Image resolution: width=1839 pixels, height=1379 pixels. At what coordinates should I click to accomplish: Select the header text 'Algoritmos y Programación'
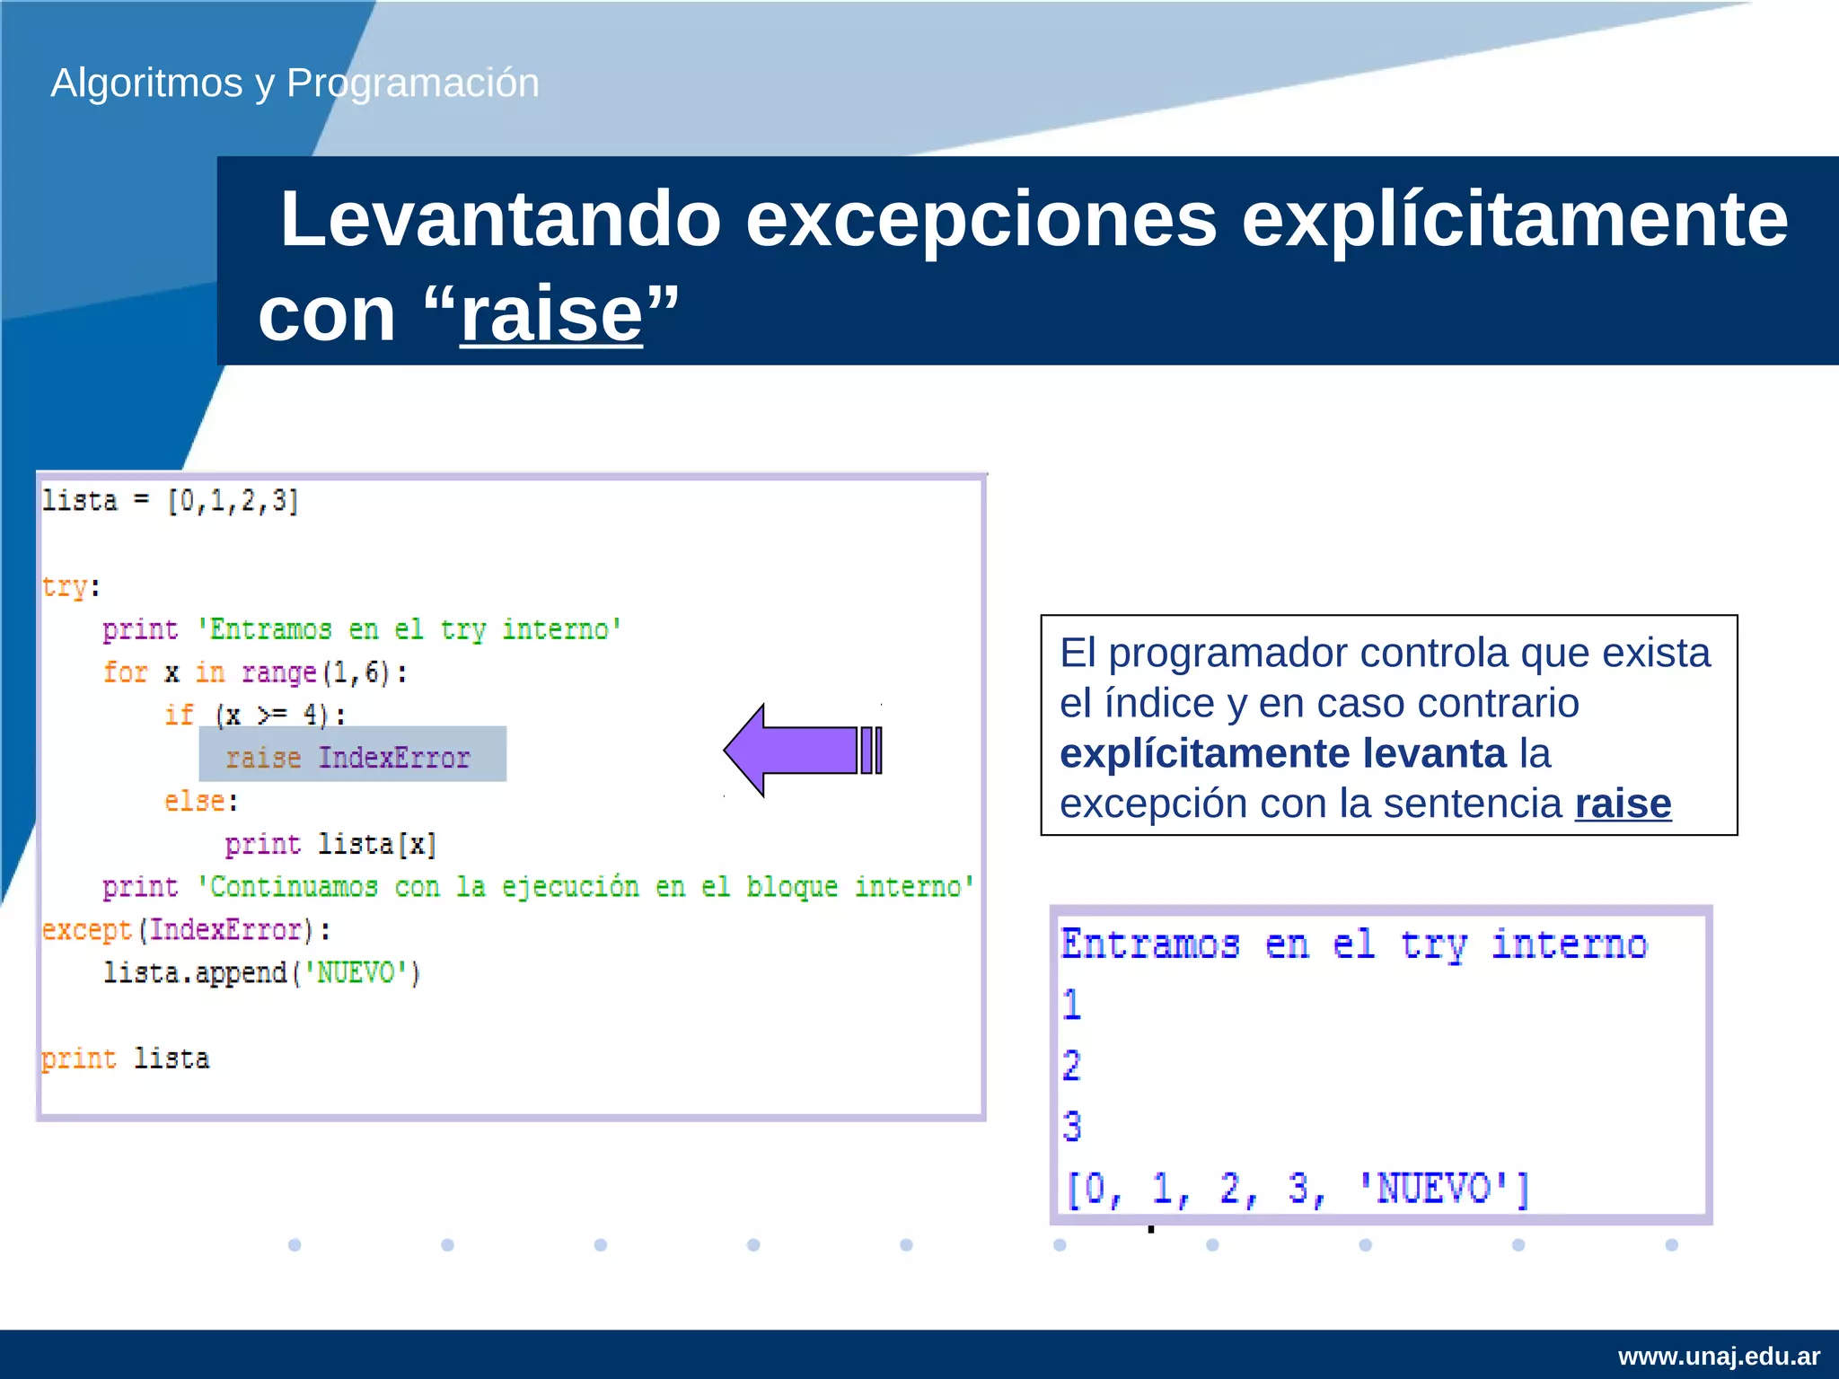point(295,83)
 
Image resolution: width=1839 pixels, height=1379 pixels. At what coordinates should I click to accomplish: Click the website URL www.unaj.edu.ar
point(1719,1356)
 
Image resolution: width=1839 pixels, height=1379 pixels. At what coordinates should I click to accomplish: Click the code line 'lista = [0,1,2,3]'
point(171,501)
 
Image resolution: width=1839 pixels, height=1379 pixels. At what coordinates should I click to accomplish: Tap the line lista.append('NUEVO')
point(261,973)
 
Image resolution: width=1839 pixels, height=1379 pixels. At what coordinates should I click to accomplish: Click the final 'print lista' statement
point(126,1059)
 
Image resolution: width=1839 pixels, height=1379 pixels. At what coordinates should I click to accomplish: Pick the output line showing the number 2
point(1072,1067)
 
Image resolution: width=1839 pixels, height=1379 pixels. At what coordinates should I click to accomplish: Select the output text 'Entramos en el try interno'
point(1354,944)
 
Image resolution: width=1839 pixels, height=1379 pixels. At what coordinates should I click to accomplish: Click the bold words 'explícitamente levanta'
point(1282,753)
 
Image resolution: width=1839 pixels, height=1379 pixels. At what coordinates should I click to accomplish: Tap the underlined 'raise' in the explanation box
point(1623,804)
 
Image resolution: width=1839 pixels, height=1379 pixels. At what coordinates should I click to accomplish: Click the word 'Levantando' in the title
point(501,219)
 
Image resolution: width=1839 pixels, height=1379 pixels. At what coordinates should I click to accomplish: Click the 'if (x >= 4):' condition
point(255,716)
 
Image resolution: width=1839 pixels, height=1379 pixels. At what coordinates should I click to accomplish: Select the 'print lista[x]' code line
point(330,844)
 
